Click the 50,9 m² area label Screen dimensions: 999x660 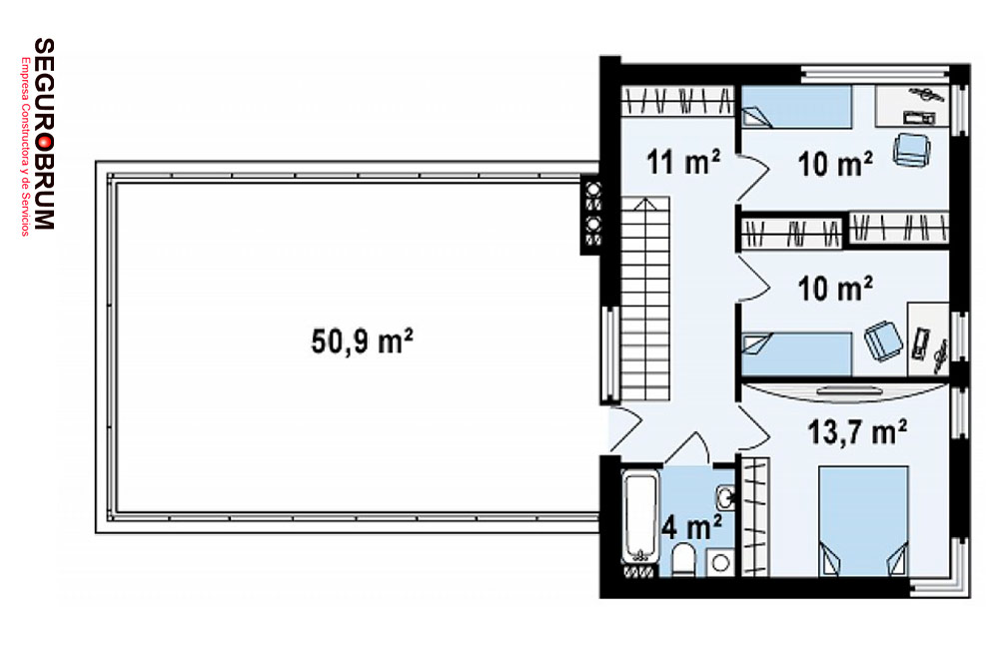point(362,340)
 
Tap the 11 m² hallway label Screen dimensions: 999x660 point(683,162)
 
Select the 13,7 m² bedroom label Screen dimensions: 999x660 point(857,432)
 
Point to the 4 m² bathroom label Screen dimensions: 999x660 point(692,527)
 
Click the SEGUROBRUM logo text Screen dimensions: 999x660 point(44,134)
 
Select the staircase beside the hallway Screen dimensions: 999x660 point(644,299)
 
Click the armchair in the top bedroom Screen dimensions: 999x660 point(912,149)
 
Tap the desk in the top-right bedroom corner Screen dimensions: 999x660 point(912,106)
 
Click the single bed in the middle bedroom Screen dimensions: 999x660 point(796,353)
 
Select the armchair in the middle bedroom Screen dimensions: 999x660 point(883,341)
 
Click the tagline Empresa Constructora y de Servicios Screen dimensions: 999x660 point(26,147)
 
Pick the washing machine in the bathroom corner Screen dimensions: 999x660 point(721,562)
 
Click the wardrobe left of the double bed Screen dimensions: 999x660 point(755,516)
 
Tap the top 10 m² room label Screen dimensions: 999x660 point(834,164)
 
